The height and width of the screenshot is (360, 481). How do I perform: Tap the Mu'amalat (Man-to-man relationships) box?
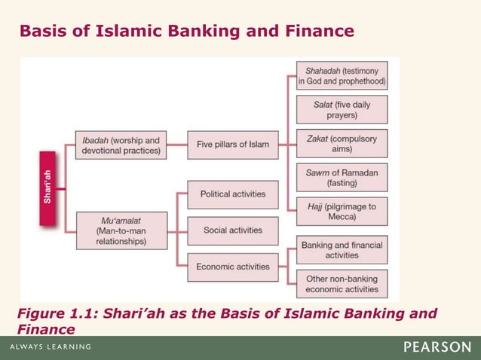pos(122,231)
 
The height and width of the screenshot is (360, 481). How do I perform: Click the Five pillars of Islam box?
pos(232,144)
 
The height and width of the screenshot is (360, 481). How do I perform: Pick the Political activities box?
pos(232,194)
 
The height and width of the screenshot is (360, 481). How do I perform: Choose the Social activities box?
pos(232,230)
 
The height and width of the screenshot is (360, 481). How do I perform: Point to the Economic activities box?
pos(232,267)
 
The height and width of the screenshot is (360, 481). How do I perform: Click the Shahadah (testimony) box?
pos(342,75)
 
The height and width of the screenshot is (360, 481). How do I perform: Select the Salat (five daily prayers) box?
pos(342,109)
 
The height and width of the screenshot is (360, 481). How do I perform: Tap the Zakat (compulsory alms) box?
pos(342,144)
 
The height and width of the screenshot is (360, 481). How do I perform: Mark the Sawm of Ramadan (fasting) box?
pos(342,178)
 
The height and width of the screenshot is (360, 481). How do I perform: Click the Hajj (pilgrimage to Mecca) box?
pos(342,211)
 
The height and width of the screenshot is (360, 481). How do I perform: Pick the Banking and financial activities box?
pos(342,250)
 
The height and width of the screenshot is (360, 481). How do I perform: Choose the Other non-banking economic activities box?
pos(342,284)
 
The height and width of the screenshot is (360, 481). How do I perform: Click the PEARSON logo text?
pos(437,347)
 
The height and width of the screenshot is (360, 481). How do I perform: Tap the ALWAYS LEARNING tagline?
pos(51,347)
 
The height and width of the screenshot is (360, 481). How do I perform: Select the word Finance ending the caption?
pos(46,329)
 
